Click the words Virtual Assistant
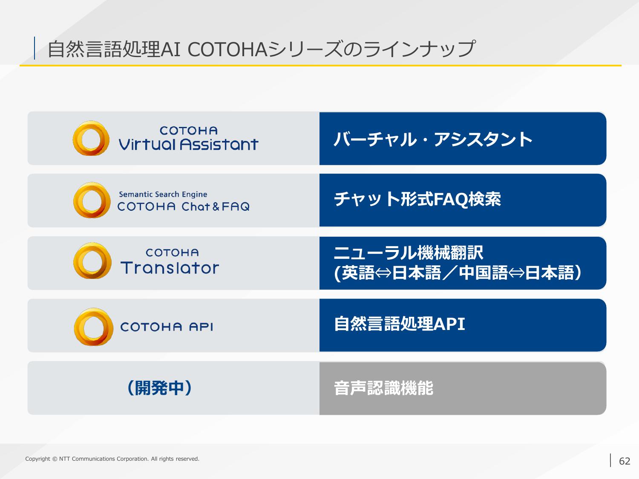click(188, 144)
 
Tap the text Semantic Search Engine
click(163, 194)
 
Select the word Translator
click(170, 267)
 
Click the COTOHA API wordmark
click(167, 327)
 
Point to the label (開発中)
click(159, 388)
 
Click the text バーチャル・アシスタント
click(433, 139)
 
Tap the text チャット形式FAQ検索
click(417, 199)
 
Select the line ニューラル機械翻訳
click(408, 252)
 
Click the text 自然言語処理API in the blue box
click(399, 324)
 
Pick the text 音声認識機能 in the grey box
click(383, 388)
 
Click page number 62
click(625, 461)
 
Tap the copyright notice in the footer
click(112, 459)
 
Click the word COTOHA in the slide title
click(227, 49)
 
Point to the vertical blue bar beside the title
click(35, 48)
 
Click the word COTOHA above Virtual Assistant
click(188, 131)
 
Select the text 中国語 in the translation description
click(484, 273)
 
